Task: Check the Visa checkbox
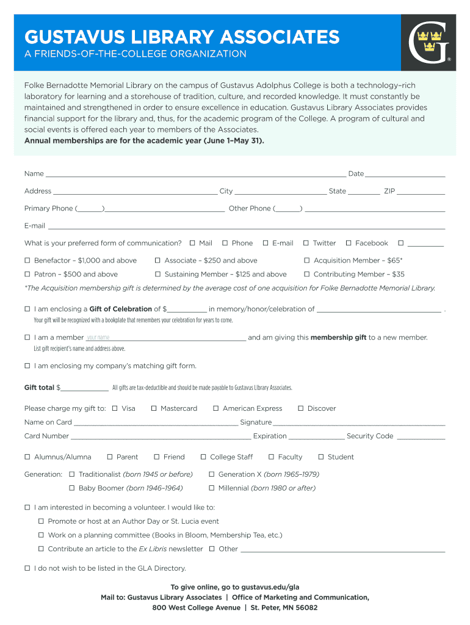pos(115,408)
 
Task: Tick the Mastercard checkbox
pos(154,408)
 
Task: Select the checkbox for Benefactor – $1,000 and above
pos(27,260)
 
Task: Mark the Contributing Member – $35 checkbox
pos(307,274)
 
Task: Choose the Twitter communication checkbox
pos(306,243)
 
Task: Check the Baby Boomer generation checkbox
pos(71,488)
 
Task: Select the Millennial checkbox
pos(212,488)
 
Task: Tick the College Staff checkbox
pos(203,457)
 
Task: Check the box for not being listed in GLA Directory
pos(27,568)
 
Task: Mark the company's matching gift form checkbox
pos(27,366)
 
